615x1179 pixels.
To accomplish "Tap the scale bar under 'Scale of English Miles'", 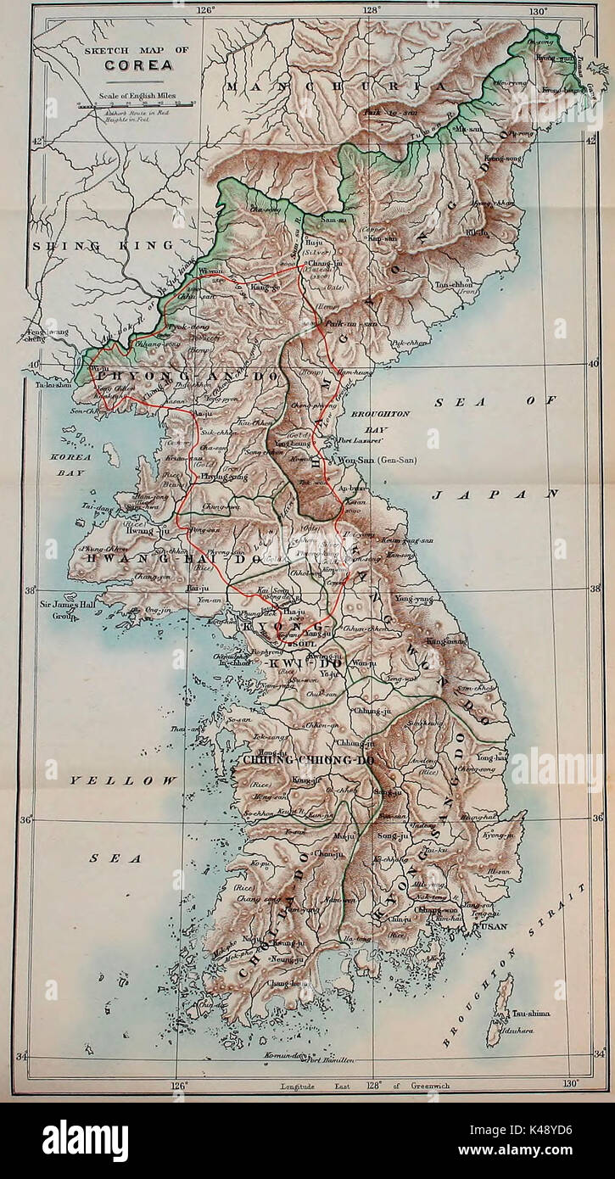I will coord(135,103).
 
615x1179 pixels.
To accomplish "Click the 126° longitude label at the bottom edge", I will coord(179,1083).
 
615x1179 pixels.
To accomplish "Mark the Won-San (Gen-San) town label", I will coord(380,459).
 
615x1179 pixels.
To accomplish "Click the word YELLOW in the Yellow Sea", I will coord(124,779).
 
